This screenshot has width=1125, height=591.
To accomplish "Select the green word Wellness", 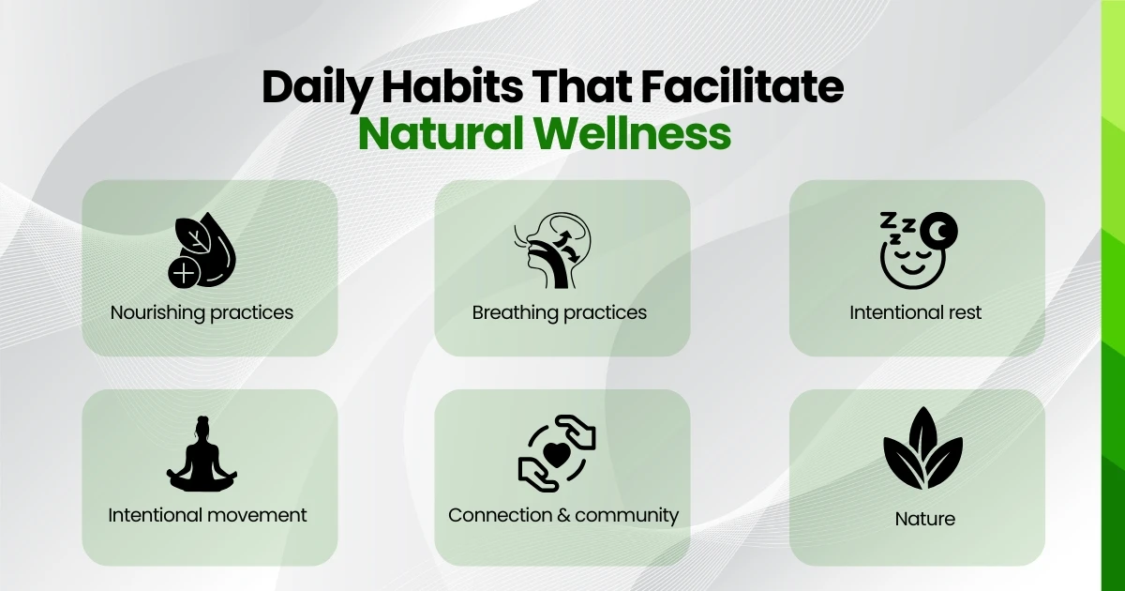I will click(x=640, y=134).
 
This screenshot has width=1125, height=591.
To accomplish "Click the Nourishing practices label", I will click(x=202, y=312).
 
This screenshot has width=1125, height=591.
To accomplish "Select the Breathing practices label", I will click(x=560, y=312).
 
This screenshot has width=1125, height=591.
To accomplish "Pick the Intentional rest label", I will click(x=916, y=312).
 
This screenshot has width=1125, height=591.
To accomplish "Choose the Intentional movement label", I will click(x=207, y=515).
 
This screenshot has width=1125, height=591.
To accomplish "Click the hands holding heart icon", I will click(x=558, y=454).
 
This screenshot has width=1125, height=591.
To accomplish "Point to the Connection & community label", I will click(x=563, y=515).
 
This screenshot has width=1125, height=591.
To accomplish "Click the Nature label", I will click(x=924, y=518).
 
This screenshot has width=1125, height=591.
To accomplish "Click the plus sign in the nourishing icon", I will click(x=185, y=273).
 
